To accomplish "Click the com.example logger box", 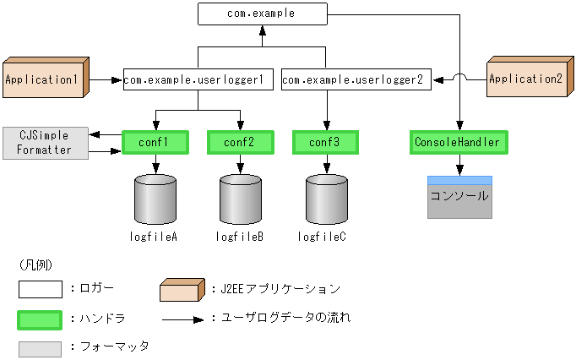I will point(262,14).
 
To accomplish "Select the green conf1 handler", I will point(155,142).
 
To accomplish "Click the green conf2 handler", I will point(240,142).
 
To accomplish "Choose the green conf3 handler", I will point(324,142).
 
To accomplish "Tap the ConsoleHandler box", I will point(459,142).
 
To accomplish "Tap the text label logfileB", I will point(240,237).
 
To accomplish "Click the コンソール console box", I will point(459,197).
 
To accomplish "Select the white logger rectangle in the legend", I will point(40,290).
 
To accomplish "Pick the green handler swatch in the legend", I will point(40,319).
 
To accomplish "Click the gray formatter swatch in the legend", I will point(40,348).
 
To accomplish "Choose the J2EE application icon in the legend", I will point(182,289).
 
